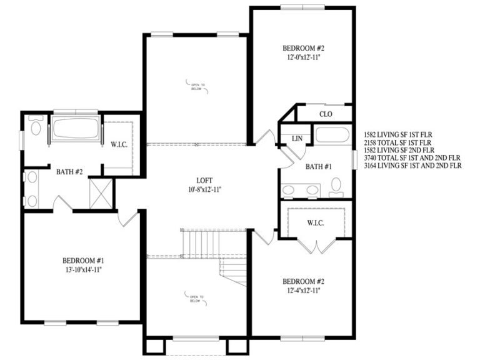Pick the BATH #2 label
(69, 171)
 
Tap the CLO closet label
(325, 114)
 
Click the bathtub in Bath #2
(76, 129)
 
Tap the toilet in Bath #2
(35, 130)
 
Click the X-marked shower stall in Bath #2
(101, 193)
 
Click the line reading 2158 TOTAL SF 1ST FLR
(402, 142)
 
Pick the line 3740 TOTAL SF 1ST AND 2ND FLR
(411, 158)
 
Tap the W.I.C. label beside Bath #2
(119, 145)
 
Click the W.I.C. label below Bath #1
(314, 222)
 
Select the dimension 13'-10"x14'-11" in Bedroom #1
(82, 269)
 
